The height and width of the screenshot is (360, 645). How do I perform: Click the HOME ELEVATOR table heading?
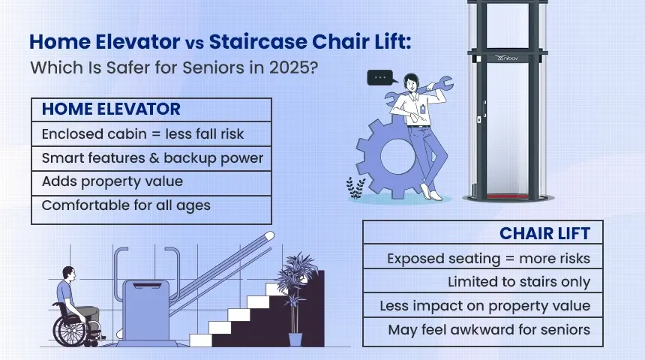(111, 109)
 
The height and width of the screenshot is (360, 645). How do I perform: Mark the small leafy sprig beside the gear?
(354, 187)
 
